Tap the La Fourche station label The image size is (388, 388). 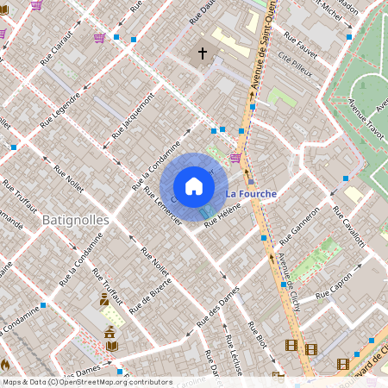click(251, 194)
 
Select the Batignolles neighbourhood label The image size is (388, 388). click(76, 220)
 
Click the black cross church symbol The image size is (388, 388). click(203, 53)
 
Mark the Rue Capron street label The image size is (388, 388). click(335, 293)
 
